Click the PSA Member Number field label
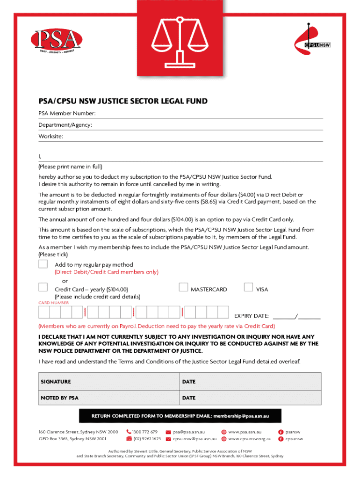pos(67,114)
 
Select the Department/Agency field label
pos(65,125)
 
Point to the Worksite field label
pos(50,137)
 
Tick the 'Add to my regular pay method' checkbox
pos(43,264)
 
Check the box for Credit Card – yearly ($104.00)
pos(43,287)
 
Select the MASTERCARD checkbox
pos(184,287)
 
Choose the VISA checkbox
pos(248,287)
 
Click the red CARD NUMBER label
pos(54,303)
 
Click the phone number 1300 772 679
pos(144,432)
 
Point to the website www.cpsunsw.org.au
pos(250,439)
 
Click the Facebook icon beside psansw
pos(281,432)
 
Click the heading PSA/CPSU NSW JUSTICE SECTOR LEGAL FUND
pos(123,101)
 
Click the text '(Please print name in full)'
pos(70,167)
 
